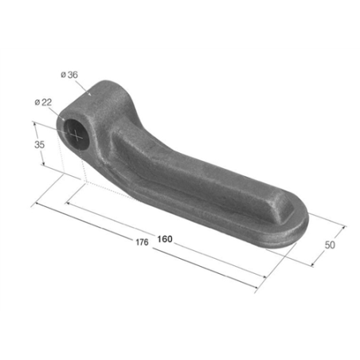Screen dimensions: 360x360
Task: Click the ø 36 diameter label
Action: (68, 76)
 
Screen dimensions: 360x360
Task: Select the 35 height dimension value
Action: (37, 146)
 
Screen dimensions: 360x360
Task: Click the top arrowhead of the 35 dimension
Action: (36, 123)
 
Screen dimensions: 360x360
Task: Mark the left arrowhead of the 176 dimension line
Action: (35, 205)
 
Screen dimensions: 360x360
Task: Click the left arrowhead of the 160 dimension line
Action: (68, 204)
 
